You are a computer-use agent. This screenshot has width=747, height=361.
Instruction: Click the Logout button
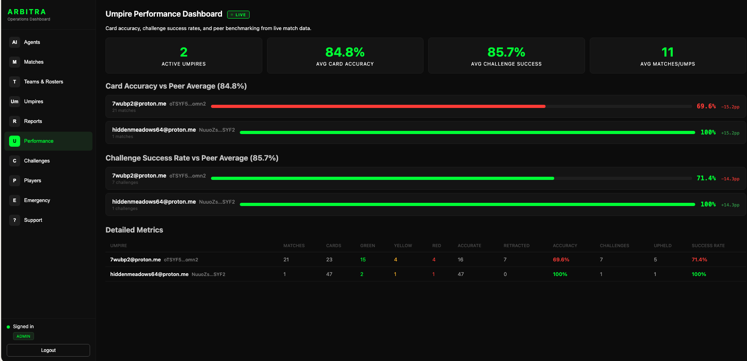(48, 350)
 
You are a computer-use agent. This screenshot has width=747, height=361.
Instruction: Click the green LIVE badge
(238, 15)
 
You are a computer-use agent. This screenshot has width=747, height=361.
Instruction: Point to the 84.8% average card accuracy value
(345, 52)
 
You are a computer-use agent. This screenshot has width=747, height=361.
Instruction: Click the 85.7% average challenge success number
(506, 52)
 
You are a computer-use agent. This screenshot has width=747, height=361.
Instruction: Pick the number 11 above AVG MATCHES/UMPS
(668, 52)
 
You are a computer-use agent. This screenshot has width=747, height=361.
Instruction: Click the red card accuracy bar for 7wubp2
(378, 106)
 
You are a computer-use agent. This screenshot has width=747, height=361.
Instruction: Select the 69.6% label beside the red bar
(706, 106)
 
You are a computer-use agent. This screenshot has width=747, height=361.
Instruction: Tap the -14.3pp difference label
(730, 179)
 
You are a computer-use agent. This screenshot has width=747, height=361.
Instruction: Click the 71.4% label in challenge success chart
(706, 178)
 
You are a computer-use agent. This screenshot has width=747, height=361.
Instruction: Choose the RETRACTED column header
(516, 246)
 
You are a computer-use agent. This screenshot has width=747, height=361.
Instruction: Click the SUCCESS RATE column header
(708, 246)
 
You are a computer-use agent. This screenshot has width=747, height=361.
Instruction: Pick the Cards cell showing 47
(329, 274)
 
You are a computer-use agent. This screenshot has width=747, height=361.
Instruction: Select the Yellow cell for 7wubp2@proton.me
(395, 260)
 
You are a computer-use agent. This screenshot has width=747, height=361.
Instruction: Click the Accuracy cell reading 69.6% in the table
(561, 260)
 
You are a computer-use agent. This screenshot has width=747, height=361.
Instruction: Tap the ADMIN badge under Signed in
(23, 336)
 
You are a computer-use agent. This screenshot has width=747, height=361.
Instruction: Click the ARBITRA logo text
(27, 12)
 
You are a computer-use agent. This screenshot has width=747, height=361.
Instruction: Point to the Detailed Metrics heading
(134, 230)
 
